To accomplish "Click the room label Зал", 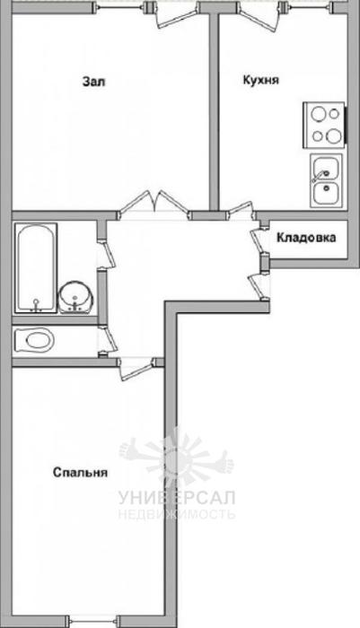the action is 93,82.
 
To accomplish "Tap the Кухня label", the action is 261,80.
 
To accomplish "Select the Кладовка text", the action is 306,238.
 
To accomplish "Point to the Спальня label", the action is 81,473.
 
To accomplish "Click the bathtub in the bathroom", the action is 36,268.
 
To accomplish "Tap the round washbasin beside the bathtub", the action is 76,296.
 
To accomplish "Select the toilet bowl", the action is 34,340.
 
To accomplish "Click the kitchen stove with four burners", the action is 324,126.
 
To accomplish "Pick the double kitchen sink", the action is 326,181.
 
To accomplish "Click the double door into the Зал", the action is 154,205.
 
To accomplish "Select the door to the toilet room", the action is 108,340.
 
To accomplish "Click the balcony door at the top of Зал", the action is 176,15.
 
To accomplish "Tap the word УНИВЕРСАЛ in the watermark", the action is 177,498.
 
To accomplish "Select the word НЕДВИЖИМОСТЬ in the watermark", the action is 177,514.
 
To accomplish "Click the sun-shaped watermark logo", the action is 176,457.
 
